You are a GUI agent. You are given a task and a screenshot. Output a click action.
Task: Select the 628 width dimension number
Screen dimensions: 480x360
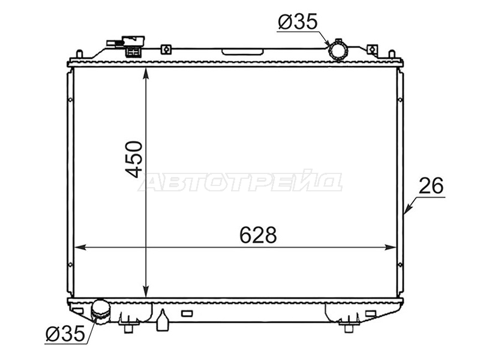(258, 235)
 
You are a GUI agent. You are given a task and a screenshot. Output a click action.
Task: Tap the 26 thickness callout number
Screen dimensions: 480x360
(431, 185)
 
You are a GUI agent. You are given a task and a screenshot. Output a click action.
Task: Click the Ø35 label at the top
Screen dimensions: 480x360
(298, 22)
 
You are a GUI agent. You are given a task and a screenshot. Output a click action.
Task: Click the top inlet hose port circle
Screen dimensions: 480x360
(338, 50)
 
